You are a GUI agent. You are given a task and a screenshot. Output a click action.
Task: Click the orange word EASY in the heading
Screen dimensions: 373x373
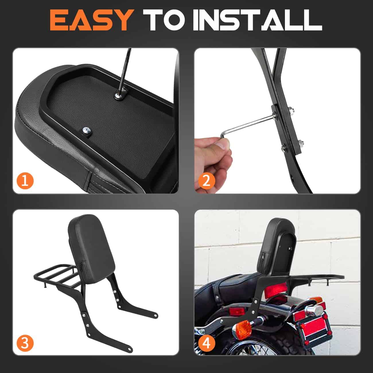click(x=90, y=21)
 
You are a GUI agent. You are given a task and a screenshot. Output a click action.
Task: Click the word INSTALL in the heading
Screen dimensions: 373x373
click(x=257, y=21)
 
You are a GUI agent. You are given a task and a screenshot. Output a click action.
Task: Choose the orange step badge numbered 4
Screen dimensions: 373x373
click(x=207, y=343)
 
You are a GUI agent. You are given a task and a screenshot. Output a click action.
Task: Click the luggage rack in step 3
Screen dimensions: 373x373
click(x=56, y=272)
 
